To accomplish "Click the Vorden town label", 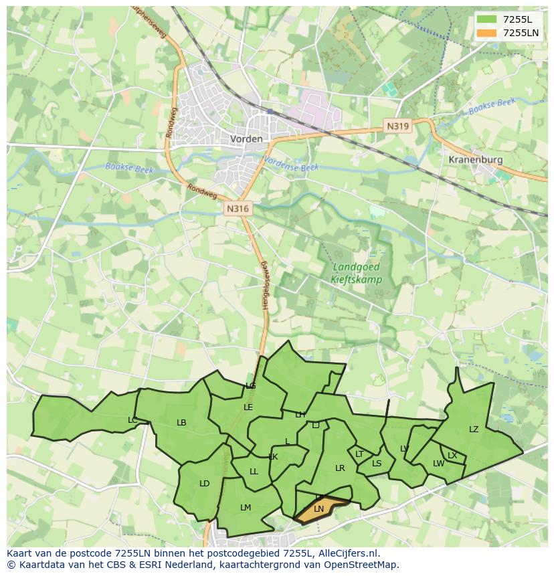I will [246, 138].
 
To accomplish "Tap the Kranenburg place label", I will [476, 161].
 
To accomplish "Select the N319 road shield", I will [397, 126].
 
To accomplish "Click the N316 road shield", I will [238, 209].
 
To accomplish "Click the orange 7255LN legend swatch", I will [486, 33].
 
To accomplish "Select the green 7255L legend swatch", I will [486, 19].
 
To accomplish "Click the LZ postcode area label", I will [474, 429].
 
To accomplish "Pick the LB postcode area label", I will [181, 423].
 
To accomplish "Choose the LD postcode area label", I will [205, 484].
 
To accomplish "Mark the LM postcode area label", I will [246, 508].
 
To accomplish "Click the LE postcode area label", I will [248, 407].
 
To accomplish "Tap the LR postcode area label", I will [340, 468].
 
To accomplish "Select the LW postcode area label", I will [438, 464].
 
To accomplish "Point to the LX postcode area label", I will [452, 456].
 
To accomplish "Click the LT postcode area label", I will [359, 454].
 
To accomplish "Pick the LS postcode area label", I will [377, 464].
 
